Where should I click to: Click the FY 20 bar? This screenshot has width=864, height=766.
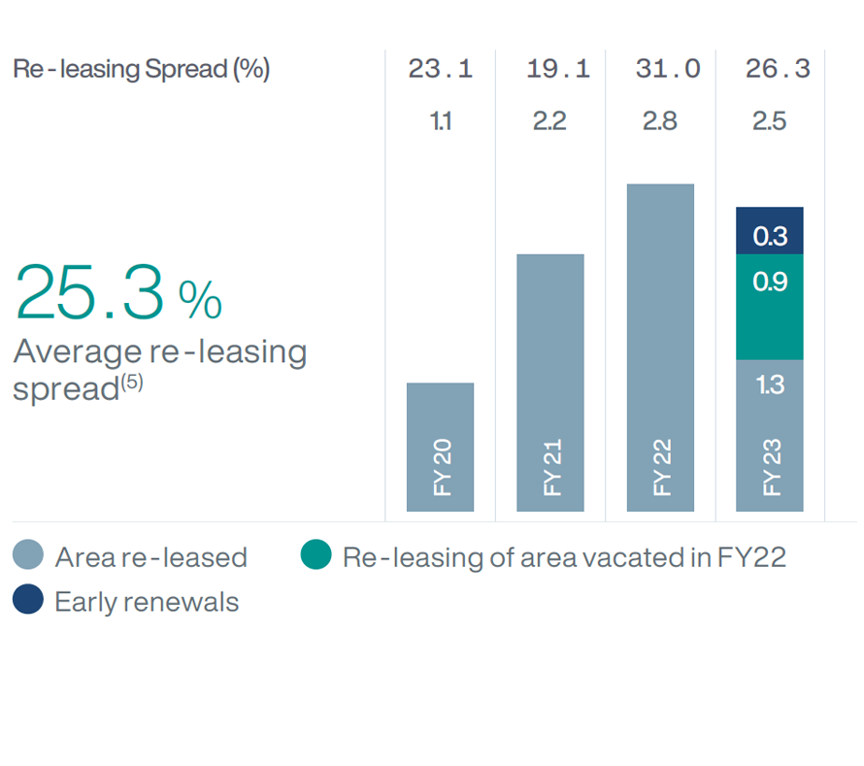440,447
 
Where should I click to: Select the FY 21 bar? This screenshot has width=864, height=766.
549,383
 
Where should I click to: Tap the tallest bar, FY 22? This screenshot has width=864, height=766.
660,347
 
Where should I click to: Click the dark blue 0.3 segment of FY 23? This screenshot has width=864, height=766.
770,231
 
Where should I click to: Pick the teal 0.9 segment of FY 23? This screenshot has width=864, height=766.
770,307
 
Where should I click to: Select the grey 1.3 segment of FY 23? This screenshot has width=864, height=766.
770,435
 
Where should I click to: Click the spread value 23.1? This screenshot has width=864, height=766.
440,69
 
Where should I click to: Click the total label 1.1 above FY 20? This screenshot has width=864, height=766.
440,122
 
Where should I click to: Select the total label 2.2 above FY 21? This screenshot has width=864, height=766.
549,122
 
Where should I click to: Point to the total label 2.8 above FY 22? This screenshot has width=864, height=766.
660,122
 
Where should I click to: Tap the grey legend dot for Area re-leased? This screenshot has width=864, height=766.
29,556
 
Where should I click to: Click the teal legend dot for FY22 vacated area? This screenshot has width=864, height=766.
316,556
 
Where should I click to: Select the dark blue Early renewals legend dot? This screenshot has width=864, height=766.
29,600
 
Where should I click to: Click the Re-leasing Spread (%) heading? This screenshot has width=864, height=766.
141,69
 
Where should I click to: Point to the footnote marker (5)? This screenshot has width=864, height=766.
131,383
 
